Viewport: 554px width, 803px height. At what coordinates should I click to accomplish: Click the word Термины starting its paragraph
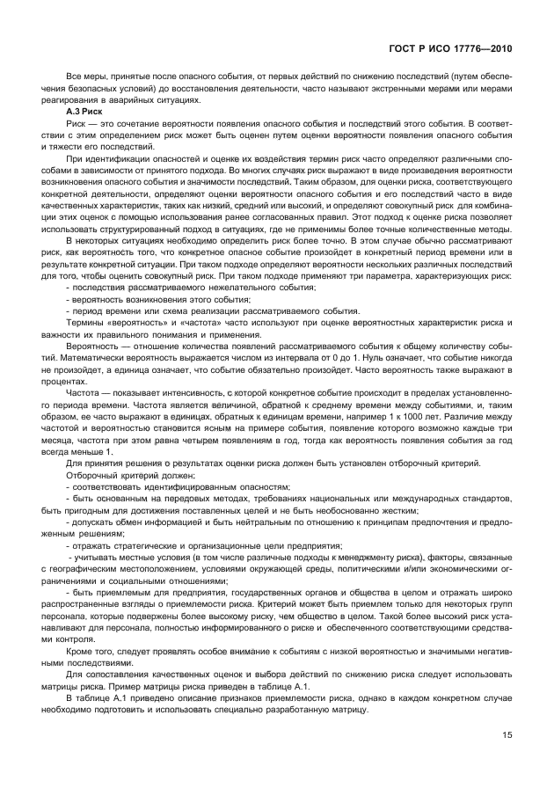(87, 322)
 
